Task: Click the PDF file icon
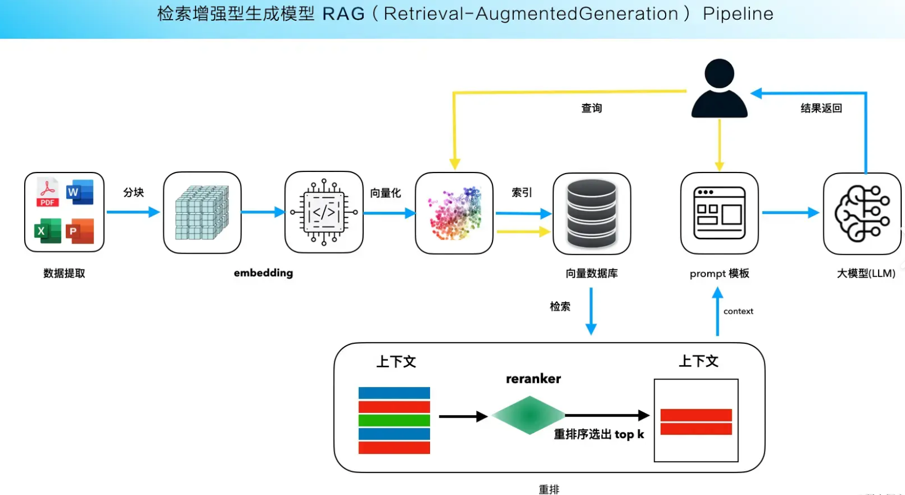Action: coord(48,193)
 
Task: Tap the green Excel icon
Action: coord(48,231)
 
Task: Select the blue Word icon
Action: coord(79,192)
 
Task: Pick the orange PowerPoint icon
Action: coord(80,231)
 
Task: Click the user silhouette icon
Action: coord(719,89)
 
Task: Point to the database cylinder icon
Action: coord(592,214)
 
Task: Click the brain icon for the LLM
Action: coord(862,214)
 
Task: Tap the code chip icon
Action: coord(324,212)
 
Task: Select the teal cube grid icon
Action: coord(202,212)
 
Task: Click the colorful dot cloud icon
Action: coord(455,214)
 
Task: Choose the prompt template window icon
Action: coord(719,213)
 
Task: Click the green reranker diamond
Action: coord(529,416)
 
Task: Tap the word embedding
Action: coord(264,273)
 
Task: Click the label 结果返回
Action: coord(821,108)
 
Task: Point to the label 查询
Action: coord(592,108)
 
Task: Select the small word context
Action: coord(738,312)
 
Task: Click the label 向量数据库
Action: coord(592,273)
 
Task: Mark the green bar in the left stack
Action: coord(394,421)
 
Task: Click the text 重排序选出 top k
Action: coord(599,435)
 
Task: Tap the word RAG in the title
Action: coord(343,14)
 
